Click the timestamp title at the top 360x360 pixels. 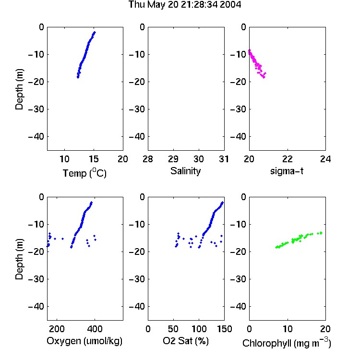click(x=185, y=5)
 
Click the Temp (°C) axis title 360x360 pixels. click(x=84, y=173)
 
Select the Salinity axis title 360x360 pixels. click(x=185, y=171)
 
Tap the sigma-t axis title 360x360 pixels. click(x=287, y=171)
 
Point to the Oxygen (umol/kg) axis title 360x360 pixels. click(x=84, y=341)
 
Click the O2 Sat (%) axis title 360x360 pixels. click(x=185, y=341)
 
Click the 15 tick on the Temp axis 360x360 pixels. click(x=94, y=159)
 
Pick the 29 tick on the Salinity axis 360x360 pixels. click(x=173, y=159)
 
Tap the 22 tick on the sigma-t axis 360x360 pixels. click(x=287, y=159)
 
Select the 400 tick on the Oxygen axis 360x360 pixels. click(x=95, y=329)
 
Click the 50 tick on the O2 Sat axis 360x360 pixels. click(x=173, y=329)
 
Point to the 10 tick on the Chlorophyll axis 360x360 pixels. click(x=287, y=329)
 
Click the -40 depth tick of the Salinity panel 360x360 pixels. click(x=137, y=137)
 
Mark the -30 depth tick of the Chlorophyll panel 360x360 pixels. click(x=238, y=279)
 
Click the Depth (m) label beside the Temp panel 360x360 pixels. click(x=19, y=89)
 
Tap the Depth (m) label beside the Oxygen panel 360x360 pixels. click(x=19, y=259)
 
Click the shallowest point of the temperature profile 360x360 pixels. click(x=95, y=33)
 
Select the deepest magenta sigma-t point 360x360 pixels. click(x=264, y=77)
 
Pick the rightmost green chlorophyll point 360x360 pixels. click(x=321, y=233)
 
